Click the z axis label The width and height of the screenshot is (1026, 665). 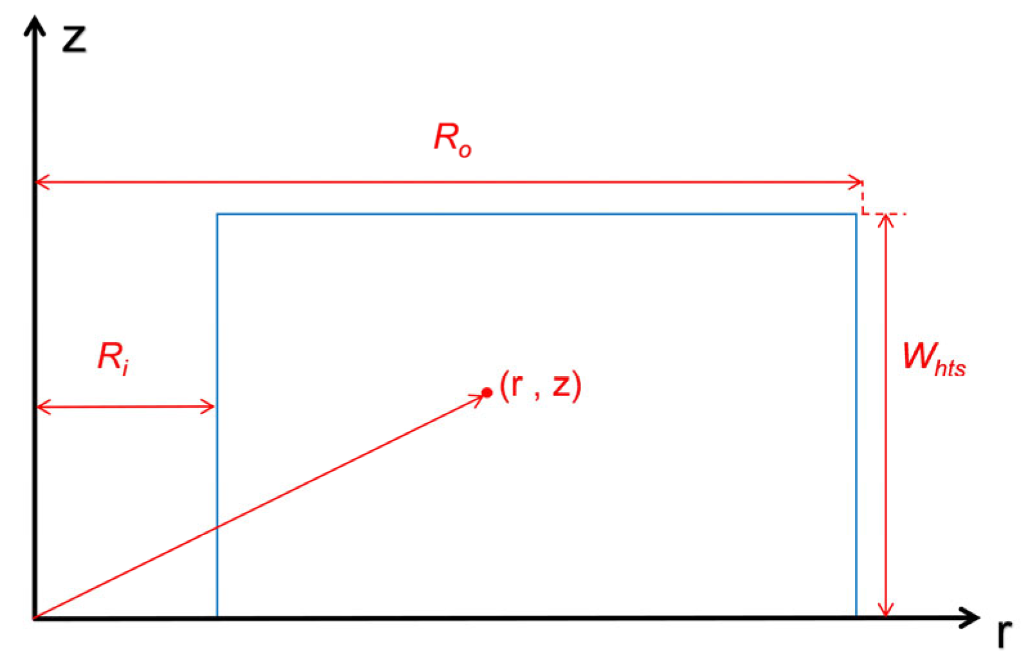click(74, 39)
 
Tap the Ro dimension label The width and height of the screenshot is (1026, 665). click(453, 139)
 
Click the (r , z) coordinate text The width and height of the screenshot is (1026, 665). click(541, 386)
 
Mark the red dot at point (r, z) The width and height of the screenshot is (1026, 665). click(487, 392)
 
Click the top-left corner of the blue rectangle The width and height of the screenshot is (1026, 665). click(217, 214)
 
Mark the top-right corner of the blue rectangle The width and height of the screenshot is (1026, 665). click(856, 214)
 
